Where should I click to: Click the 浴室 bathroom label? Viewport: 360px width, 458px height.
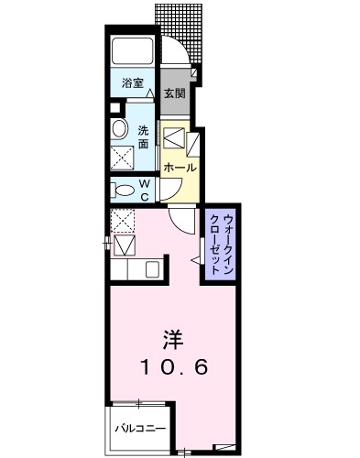(133, 83)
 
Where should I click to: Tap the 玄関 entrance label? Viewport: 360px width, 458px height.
(174, 93)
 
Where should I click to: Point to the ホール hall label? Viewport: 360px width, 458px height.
(179, 168)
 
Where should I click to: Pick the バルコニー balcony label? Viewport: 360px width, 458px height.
(139, 428)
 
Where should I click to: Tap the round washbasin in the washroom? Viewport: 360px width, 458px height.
(118, 129)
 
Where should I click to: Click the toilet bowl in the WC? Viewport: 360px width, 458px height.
(122, 190)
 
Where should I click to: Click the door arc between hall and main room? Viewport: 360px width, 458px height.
(183, 221)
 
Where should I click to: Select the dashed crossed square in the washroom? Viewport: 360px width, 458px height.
(122, 158)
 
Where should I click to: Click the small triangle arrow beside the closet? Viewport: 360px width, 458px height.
(194, 260)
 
